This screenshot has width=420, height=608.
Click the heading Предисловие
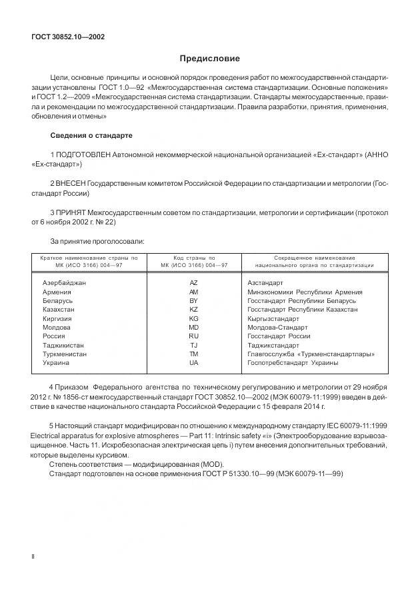click(x=209, y=59)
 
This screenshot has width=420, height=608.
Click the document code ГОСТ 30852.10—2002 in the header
click(x=68, y=37)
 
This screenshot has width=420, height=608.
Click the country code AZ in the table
click(x=193, y=283)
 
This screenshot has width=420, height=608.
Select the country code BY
click(x=193, y=301)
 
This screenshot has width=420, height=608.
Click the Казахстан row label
click(x=59, y=310)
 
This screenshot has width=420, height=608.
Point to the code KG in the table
click(x=193, y=319)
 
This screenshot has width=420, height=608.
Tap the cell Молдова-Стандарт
click(x=277, y=328)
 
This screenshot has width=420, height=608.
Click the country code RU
click(x=193, y=336)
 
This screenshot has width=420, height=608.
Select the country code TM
click(x=193, y=354)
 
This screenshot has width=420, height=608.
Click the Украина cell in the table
click(x=56, y=363)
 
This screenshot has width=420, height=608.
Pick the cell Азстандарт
click(x=265, y=283)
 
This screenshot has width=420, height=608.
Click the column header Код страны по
click(x=193, y=258)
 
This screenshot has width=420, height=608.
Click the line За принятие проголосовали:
click(x=98, y=240)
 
